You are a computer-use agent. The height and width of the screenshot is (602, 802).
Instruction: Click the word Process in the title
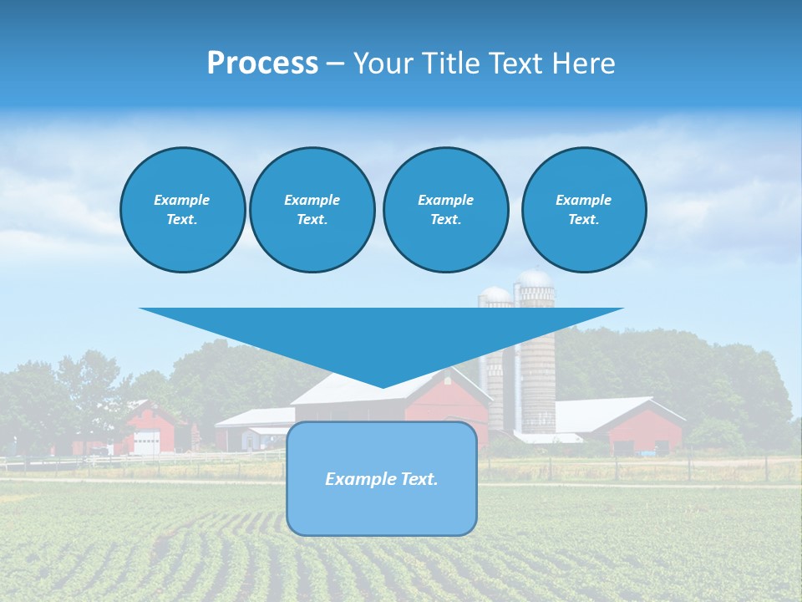click(x=262, y=64)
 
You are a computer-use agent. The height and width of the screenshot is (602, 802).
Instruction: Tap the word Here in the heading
click(x=581, y=64)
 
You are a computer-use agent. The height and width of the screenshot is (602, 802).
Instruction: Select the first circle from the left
click(x=182, y=210)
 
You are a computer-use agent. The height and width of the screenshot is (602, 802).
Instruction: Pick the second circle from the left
click(x=312, y=210)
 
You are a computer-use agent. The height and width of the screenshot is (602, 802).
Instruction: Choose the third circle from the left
click(x=445, y=210)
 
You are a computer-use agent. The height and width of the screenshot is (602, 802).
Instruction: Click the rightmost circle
click(x=583, y=210)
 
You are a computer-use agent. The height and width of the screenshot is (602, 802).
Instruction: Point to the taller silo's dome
click(x=535, y=278)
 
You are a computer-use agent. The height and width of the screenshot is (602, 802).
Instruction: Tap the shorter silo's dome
click(x=495, y=294)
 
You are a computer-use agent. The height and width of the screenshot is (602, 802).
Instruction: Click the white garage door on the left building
click(x=146, y=442)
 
